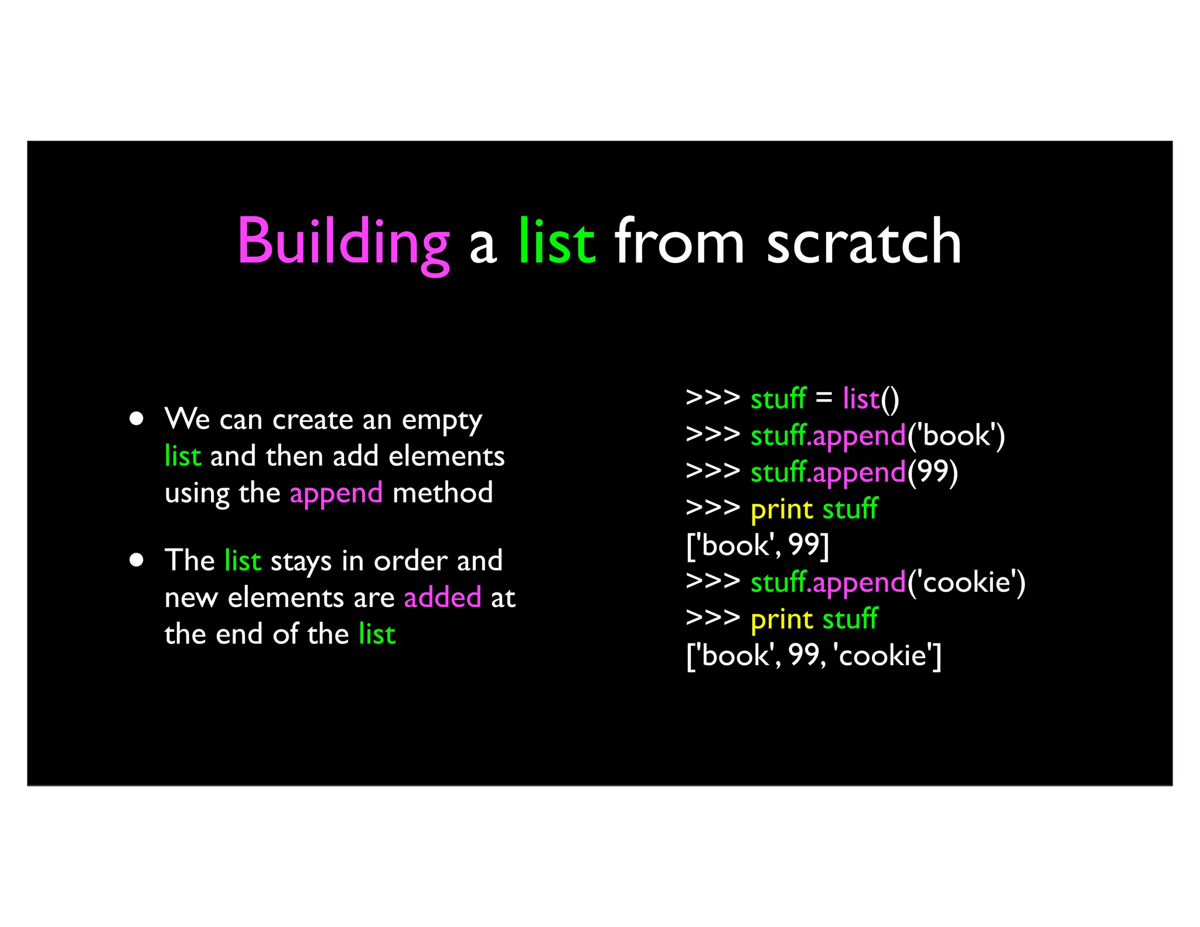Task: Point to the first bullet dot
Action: tap(137, 418)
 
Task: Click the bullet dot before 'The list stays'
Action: tap(137, 560)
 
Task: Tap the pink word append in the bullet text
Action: tap(336, 493)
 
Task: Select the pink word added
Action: tap(442, 597)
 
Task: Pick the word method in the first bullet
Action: tap(442, 493)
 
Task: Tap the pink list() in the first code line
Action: tap(871, 398)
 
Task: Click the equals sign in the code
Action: tap(824, 397)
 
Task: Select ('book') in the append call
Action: tap(956, 436)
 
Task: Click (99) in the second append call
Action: tap(932, 472)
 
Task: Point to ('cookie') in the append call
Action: tap(966, 582)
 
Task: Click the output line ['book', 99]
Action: tap(757, 545)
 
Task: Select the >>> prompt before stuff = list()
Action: tap(712, 397)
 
